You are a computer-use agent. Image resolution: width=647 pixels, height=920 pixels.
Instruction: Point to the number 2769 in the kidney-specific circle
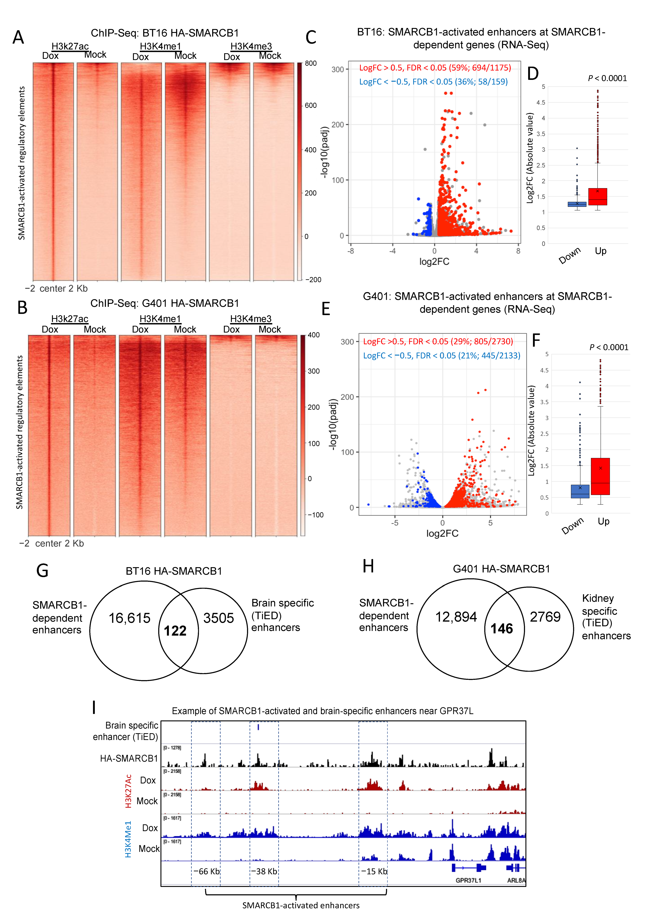(545, 617)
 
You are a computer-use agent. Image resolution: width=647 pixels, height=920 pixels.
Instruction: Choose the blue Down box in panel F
(580, 491)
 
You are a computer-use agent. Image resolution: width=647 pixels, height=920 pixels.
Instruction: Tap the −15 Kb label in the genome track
(374, 871)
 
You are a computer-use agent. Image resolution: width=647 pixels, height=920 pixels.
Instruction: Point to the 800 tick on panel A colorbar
(311, 63)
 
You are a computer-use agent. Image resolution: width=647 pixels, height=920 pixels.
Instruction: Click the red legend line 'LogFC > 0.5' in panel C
(435, 68)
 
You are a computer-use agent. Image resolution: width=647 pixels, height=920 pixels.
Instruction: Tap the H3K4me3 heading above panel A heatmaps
(251, 46)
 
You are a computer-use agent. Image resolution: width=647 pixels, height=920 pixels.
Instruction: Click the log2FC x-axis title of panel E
(442, 533)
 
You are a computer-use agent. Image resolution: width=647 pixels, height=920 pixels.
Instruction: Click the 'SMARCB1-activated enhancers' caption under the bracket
(301, 905)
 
